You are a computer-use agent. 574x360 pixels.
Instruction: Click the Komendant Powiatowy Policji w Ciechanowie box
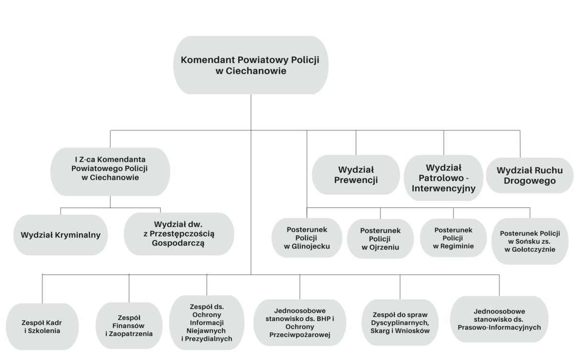click(x=251, y=65)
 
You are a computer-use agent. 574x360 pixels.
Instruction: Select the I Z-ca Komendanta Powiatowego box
click(x=110, y=171)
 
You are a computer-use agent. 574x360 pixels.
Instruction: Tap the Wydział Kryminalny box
click(x=60, y=235)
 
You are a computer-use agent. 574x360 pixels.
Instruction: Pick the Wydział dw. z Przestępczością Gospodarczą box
click(x=179, y=234)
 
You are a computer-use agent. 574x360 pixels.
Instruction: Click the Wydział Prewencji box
click(x=356, y=175)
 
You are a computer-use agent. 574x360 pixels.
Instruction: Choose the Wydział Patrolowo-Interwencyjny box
click(x=443, y=178)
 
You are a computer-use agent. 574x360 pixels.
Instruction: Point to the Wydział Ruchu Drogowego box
click(x=530, y=175)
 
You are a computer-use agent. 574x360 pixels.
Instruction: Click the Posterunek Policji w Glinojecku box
click(x=307, y=238)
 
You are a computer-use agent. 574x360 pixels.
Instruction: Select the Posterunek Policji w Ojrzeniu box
click(x=380, y=239)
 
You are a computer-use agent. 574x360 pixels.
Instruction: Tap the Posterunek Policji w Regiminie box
click(x=453, y=238)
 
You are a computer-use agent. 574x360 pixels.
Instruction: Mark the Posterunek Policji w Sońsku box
click(x=530, y=241)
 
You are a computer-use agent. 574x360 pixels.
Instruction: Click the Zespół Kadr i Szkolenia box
click(x=42, y=326)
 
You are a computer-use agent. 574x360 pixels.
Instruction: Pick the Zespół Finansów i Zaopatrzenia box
click(x=129, y=326)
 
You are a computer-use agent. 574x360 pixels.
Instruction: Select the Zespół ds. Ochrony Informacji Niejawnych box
click(x=207, y=323)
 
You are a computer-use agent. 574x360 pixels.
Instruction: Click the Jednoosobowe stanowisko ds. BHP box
click(x=300, y=323)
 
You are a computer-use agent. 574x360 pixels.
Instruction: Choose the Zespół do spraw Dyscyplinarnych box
click(x=400, y=323)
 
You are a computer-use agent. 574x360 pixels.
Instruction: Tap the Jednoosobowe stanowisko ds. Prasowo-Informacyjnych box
click(x=499, y=319)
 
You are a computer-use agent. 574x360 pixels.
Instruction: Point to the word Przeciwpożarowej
click(x=300, y=335)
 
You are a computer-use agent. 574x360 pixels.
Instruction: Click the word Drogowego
click(x=530, y=181)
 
